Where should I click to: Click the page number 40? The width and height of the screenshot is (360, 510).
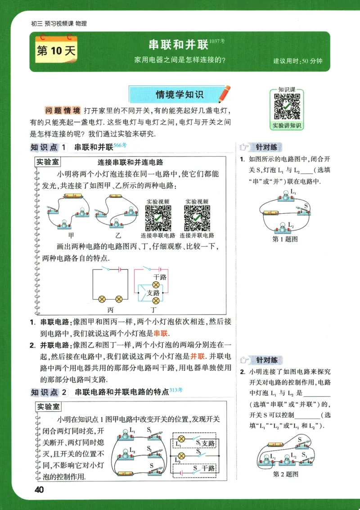tap(38, 489)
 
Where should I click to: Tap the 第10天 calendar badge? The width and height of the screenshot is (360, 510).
tap(56, 50)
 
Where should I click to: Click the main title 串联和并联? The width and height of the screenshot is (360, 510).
tap(178, 45)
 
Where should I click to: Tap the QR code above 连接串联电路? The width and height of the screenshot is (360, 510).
tap(158, 218)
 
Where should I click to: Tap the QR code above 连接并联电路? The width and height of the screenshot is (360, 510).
tap(197, 218)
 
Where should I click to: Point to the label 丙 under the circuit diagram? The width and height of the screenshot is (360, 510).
tap(110, 310)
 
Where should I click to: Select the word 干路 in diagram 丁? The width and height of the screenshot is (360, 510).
tap(160, 277)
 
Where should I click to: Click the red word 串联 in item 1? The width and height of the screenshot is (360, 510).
tap(161, 334)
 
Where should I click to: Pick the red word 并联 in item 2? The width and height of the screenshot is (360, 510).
tap(197, 356)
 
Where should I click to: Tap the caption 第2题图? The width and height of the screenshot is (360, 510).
tap(286, 474)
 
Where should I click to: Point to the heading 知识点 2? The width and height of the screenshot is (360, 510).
tap(49, 392)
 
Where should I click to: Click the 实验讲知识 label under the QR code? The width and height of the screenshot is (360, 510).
tap(287, 126)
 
